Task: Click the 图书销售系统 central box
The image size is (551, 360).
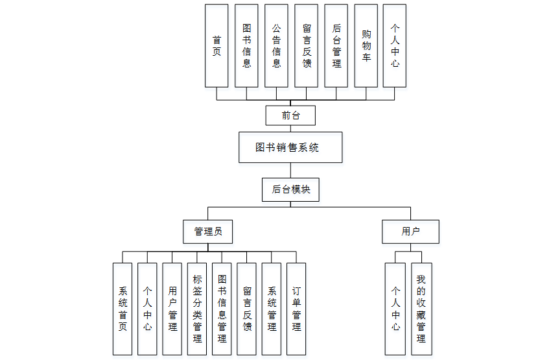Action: coord(290,148)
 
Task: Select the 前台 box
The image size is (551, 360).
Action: coord(290,116)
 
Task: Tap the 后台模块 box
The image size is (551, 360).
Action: coord(290,189)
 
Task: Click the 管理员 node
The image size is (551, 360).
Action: coord(207,231)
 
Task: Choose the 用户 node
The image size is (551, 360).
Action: coord(410,231)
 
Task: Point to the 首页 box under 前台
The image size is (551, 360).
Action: coord(217,46)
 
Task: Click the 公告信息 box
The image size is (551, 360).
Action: coord(276,46)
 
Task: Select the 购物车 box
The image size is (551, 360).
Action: coord(366,46)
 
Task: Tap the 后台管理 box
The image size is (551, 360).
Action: coord(336,46)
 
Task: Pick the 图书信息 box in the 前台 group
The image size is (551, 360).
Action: coord(246,46)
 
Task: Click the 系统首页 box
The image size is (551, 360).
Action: coord(123,309)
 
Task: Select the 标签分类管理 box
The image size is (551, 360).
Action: coord(197,309)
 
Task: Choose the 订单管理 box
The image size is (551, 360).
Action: coord(296,309)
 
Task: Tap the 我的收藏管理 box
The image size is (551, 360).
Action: coord(421,309)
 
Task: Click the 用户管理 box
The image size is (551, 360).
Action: coord(172,309)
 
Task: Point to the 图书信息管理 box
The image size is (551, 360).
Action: coord(222,309)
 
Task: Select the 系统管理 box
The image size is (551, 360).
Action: coord(272,309)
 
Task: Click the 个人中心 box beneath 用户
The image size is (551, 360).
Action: coord(395,309)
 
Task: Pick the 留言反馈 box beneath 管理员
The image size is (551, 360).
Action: coord(247,309)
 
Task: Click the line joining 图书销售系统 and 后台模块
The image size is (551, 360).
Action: coord(290,170)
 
